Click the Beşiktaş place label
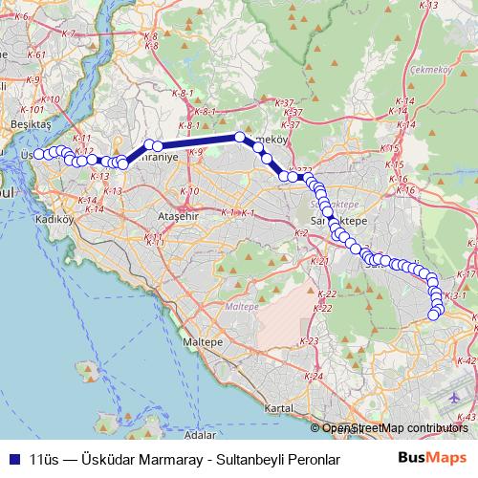(x=22, y=124)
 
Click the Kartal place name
(x=279, y=408)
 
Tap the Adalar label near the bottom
(x=200, y=434)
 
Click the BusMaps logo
(x=432, y=458)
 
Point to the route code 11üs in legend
(x=46, y=459)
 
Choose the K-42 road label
(x=467, y=361)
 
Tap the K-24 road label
(x=310, y=376)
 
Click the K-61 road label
(x=36, y=54)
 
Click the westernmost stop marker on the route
(x=38, y=154)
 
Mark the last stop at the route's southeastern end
(x=434, y=315)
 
